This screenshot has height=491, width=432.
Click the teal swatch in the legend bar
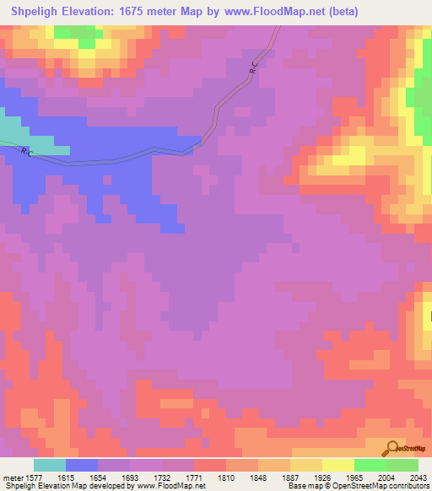pos(50,465)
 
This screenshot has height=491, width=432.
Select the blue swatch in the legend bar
pos(82,465)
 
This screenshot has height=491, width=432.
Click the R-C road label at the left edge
pos(26,153)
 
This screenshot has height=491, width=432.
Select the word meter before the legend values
pos(13,478)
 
